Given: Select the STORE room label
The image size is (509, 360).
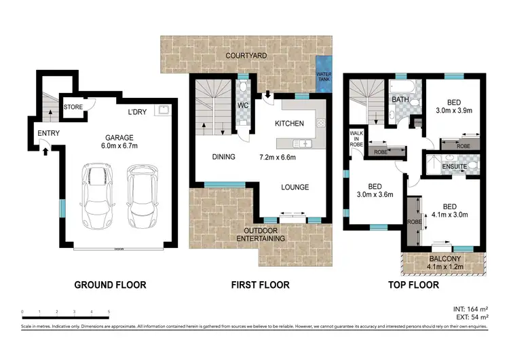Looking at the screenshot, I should coord(73,107).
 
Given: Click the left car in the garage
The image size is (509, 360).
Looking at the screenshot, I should coord(95,196).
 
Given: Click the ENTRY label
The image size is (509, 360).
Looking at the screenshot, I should coord(48,133).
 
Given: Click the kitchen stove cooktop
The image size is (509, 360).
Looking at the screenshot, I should coord(320,124).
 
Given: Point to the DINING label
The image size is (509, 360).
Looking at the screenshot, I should coord(223,157).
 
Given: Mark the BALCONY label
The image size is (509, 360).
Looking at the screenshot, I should coord(445,259).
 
